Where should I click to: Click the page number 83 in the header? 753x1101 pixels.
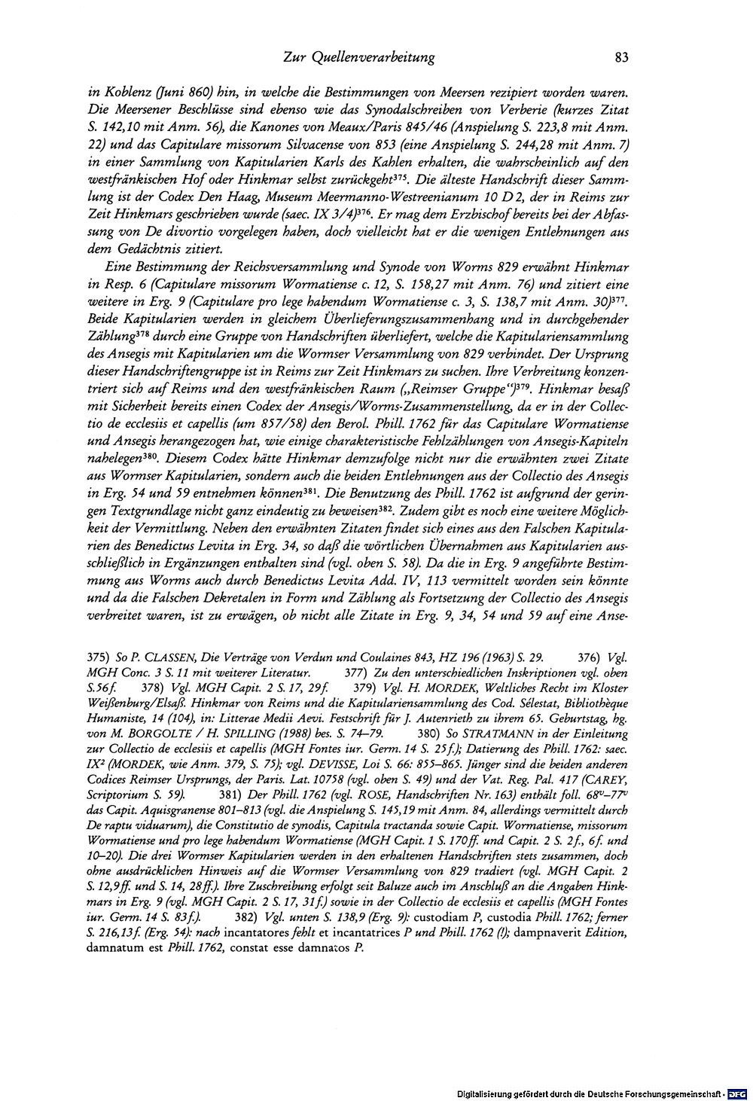coord(621,56)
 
